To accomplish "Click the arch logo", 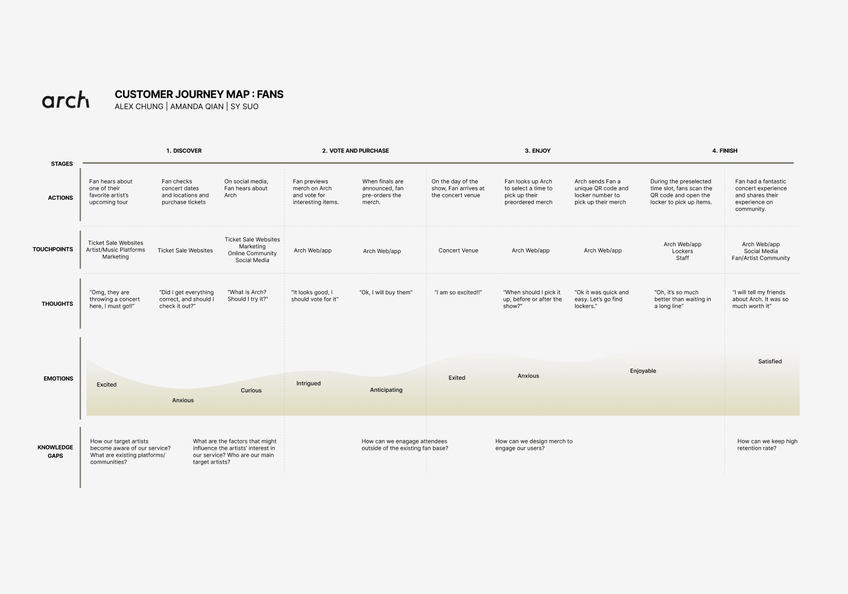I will point(66,100).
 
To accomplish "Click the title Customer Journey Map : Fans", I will point(199,94).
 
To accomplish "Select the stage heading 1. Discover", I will point(184,151).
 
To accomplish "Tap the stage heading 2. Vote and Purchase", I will point(355,151).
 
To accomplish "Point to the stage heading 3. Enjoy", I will point(537,151).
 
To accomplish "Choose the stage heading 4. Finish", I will point(725,151).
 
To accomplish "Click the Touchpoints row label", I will point(53,249).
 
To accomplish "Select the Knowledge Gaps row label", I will point(55,451).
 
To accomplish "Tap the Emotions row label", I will point(58,379).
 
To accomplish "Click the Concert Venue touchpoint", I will point(458,250).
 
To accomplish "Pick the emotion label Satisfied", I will point(770,362).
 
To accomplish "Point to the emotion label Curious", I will point(251,390).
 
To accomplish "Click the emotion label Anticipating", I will point(386,390).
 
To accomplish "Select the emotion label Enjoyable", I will point(643,371).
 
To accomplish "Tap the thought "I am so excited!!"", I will point(458,292).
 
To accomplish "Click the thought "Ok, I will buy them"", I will point(385,292).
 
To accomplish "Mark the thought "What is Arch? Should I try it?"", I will point(248,295).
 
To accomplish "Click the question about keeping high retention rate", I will point(767,444).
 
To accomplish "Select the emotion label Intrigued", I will point(308,383).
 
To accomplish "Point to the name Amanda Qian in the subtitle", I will point(197,107).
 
